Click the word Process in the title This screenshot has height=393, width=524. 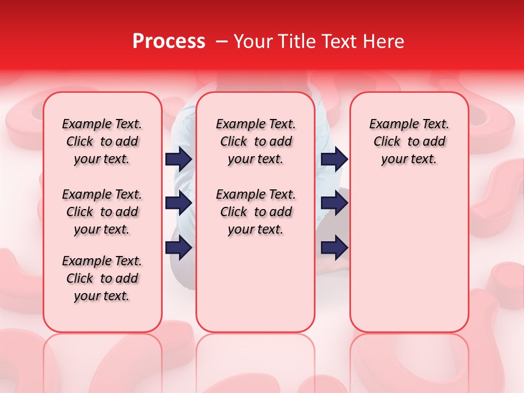(169, 41)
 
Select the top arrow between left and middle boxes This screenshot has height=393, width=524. (178, 159)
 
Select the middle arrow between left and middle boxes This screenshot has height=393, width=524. (178, 203)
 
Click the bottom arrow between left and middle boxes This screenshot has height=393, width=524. (178, 248)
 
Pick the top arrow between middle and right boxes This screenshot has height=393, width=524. (334, 159)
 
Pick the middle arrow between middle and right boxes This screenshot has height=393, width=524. (334, 203)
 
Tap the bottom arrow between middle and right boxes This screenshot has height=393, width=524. (334, 248)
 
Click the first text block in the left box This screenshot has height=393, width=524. (102, 141)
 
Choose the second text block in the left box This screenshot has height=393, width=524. (102, 212)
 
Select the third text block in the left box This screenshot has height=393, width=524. (102, 278)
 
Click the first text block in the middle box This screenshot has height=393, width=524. (255, 141)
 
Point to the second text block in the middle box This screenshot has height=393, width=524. (255, 212)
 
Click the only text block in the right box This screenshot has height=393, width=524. (409, 141)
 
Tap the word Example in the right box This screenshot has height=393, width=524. (391, 124)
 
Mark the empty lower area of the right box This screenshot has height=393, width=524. (409, 257)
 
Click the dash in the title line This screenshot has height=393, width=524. (222, 41)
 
